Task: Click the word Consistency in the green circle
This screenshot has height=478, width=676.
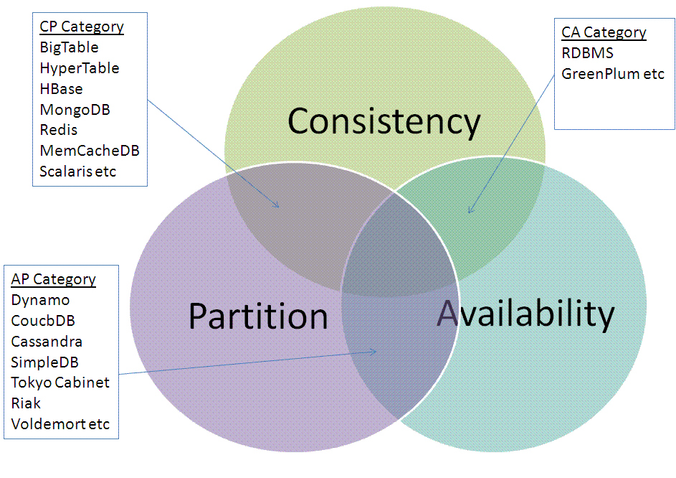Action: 384,122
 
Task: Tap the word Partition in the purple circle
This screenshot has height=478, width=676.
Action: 258,317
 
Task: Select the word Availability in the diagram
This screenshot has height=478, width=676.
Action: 525,314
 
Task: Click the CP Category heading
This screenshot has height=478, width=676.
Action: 82,27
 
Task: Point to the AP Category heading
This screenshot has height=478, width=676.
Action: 54,279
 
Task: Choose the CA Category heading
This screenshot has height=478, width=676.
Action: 604,32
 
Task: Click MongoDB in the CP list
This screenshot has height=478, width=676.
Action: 75,110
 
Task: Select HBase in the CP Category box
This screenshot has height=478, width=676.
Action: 62,89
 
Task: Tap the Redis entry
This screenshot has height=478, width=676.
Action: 59,130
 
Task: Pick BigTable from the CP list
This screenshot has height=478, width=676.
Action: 70,47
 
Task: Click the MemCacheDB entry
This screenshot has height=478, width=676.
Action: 90,151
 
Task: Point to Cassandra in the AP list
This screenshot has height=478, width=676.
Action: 47,341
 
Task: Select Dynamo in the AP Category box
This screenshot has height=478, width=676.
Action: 41,300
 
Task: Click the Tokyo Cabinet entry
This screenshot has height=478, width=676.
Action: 60,383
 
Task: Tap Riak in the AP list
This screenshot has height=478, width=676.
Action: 27,403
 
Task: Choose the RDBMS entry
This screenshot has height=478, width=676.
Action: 588,53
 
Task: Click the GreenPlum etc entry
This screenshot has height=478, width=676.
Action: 613,74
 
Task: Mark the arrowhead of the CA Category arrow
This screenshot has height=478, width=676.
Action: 469,212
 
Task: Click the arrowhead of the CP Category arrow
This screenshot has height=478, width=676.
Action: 277,207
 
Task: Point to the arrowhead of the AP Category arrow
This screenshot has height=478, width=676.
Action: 375,352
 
